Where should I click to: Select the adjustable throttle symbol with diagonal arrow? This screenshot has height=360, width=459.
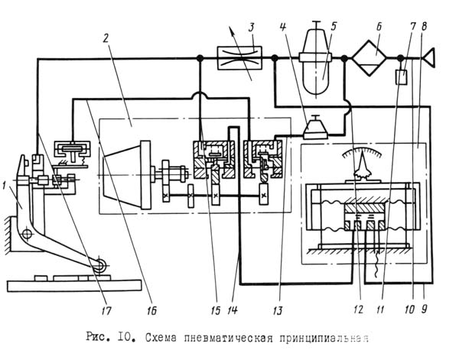[x=241, y=59]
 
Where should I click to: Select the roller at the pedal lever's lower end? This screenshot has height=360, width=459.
[x=99, y=265]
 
